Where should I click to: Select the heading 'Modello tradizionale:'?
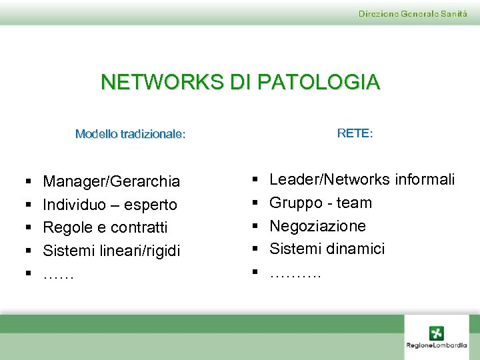pos(131,134)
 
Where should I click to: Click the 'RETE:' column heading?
pos(355,133)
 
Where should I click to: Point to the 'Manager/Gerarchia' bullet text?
pos(111,181)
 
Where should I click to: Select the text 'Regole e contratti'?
pos(105,227)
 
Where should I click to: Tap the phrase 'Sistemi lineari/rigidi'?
pos(111,251)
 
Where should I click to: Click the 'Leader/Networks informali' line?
pos(362,179)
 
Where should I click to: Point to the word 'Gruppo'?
pos(296,203)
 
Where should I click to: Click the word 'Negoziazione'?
pos(317,226)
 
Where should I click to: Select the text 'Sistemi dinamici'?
pos(327,249)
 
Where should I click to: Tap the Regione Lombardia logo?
pos(437,337)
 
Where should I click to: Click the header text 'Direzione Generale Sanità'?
pos(413,14)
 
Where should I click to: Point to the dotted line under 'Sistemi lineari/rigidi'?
pos(59,275)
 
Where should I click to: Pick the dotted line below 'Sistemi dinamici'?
pos(295,273)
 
